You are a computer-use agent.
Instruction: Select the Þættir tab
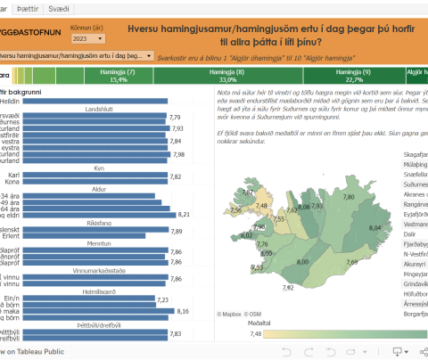tap(28, 7)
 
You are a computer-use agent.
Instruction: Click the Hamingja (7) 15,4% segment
tap(119, 75)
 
